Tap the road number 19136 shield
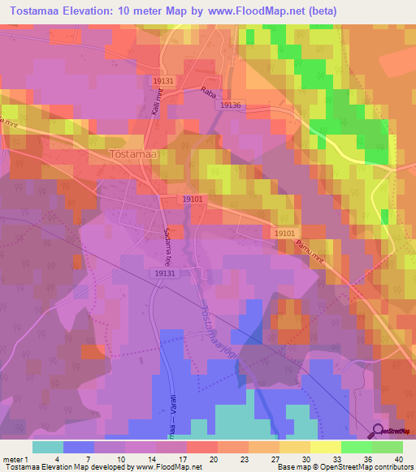click(231, 105)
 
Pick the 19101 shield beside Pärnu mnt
click(284, 233)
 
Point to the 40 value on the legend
click(398, 459)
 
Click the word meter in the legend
click(12, 459)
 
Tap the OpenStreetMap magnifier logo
click(379, 432)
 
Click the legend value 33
click(337, 459)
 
